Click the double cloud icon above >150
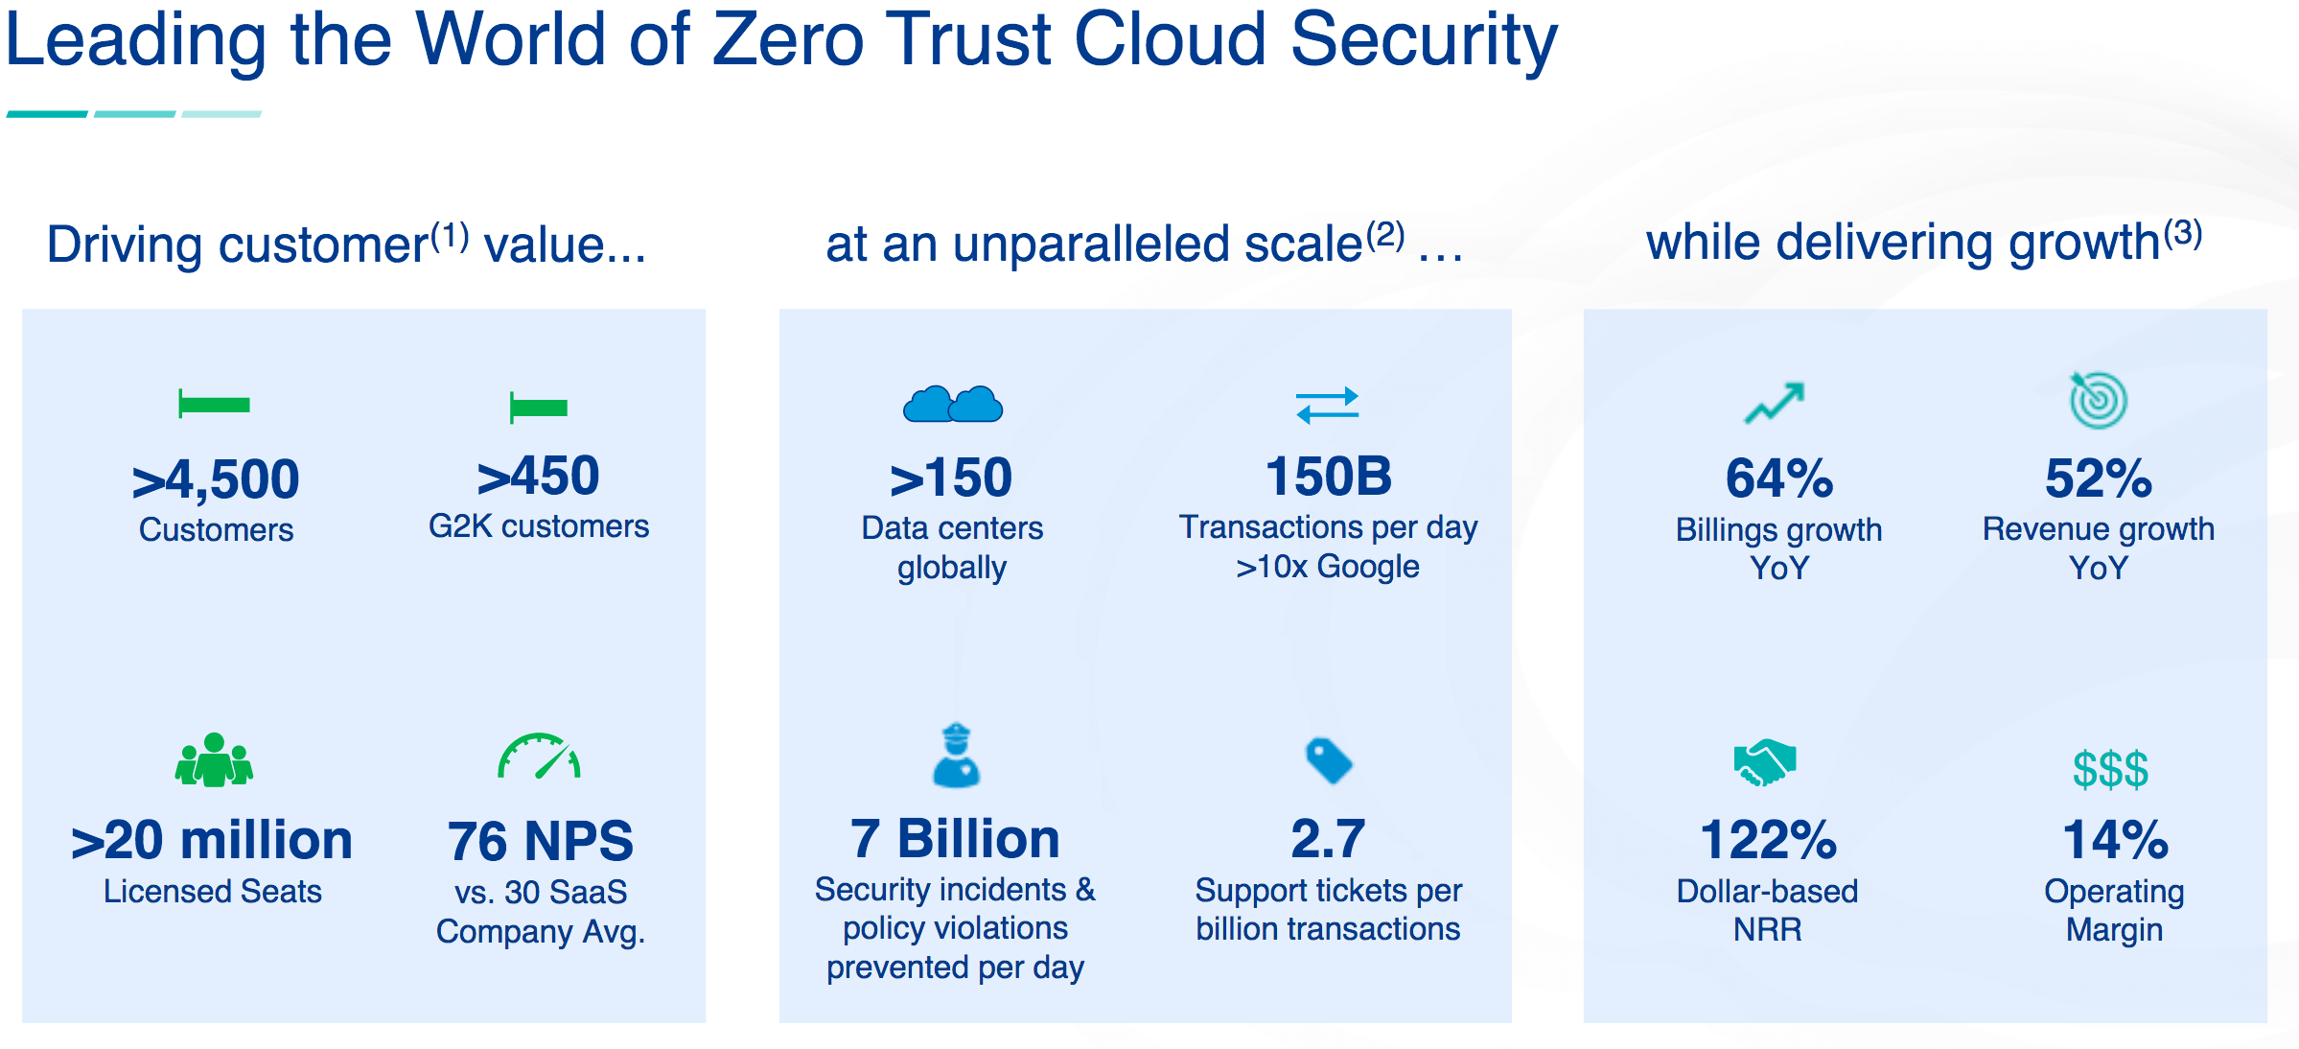pos(952,404)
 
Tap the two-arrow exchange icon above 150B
pos(1328,405)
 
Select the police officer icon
pos(956,756)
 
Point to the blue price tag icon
pos(1329,760)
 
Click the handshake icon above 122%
pos(1764,763)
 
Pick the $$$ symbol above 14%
pos(2110,769)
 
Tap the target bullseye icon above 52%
pos(2098,400)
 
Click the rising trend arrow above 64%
pos(1775,403)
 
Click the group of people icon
pos(214,759)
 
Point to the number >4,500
pos(216,478)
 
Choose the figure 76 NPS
pos(541,841)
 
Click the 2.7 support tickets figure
pos(1328,838)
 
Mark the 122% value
pos(1769,840)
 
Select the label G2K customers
pos(539,526)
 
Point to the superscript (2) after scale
pos(1385,235)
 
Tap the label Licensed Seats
pos(213,891)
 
